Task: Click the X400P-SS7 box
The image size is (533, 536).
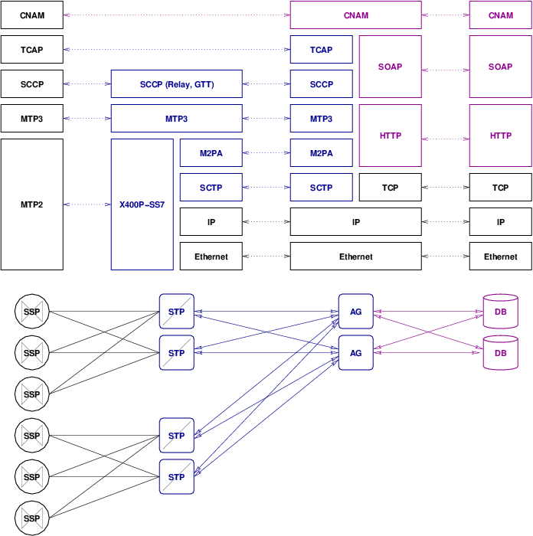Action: coord(142,204)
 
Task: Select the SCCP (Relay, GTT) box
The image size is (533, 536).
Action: coord(176,84)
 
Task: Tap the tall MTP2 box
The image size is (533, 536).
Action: coord(31,204)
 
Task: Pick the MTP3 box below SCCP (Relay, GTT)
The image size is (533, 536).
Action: coord(176,119)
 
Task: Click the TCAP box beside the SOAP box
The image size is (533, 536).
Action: coord(321,50)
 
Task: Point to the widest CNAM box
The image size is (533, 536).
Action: coord(355,15)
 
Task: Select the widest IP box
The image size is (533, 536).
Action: coord(355,222)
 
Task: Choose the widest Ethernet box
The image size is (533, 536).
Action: coord(355,257)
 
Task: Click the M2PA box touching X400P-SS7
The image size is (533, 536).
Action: coord(211,153)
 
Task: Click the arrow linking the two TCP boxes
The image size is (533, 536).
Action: coord(445,188)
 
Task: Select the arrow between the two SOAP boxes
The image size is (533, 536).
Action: coord(445,70)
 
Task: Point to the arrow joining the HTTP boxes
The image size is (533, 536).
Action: coord(445,139)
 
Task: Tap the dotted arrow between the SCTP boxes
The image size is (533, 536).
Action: coord(266,188)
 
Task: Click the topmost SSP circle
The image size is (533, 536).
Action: coord(31,312)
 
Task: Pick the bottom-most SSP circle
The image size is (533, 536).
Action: coord(31,518)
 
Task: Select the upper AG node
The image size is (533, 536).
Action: coord(355,312)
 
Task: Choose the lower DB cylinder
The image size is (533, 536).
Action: coord(500,353)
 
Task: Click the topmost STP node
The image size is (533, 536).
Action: coord(176,312)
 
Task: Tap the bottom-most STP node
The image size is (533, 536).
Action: coord(176,477)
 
